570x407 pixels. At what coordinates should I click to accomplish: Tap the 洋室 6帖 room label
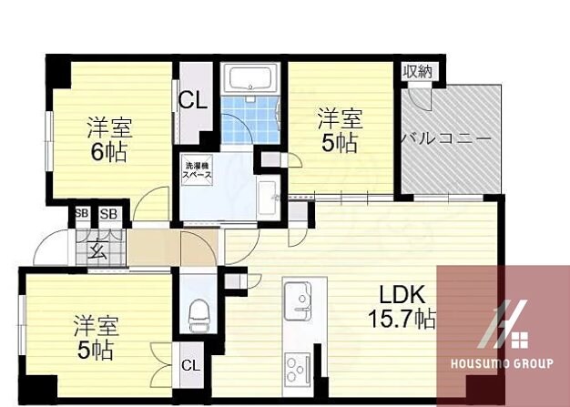[107, 139]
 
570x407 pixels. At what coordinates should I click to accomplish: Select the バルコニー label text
[447, 139]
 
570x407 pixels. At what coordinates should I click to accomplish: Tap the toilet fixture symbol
[198, 316]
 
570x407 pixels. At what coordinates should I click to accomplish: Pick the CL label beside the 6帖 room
[191, 100]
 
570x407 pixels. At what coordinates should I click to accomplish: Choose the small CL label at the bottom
[190, 366]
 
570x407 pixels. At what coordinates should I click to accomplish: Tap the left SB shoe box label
[82, 214]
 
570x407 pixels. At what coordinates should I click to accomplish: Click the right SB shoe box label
[109, 214]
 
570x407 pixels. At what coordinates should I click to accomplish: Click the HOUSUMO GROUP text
[502, 364]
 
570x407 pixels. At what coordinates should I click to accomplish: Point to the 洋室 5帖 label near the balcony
[340, 130]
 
